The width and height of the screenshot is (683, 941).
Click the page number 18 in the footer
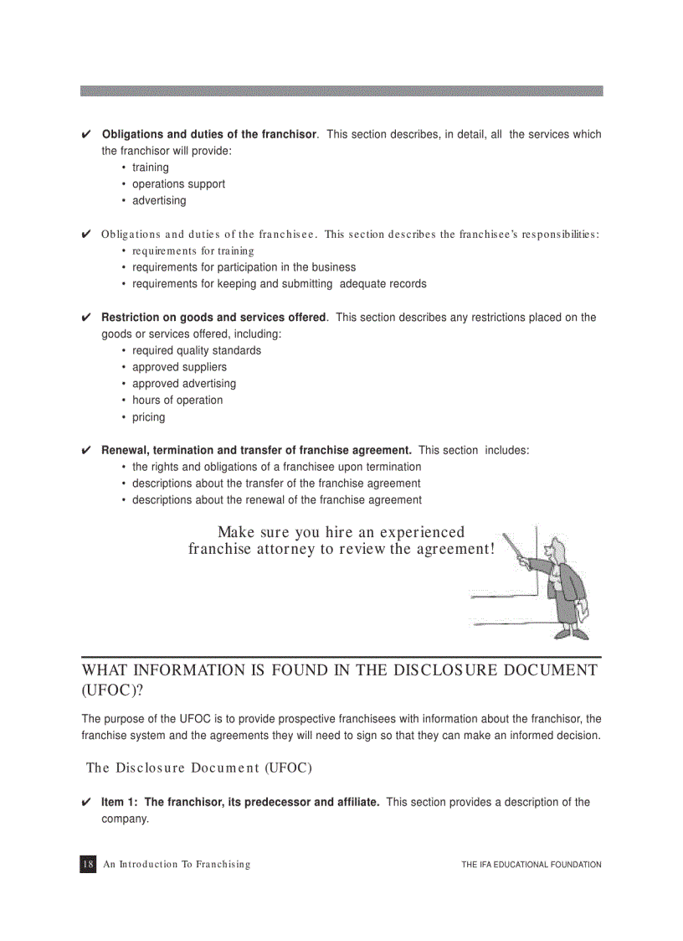click(x=88, y=864)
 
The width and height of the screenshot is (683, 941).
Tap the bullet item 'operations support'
click(x=178, y=184)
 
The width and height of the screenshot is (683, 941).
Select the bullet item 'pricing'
click(x=148, y=417)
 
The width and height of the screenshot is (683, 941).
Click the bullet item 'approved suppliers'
click(x=179, y=367)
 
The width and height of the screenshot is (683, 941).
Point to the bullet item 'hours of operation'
click(x=177, y=401)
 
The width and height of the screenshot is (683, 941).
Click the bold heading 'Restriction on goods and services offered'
click(x=213, y=318)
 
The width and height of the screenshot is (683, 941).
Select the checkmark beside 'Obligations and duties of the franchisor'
click(x=86, y=135)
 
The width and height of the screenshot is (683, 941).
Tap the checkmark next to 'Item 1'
click(x=86, y=803)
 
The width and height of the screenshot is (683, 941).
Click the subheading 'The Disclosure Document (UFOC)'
click(x=199, y=768)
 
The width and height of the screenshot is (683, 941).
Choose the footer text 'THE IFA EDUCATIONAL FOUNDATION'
click(x=531, y=865)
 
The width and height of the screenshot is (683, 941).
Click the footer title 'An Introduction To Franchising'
click(x=177, y=865)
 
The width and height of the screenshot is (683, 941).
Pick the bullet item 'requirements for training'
click(x=193, y=251)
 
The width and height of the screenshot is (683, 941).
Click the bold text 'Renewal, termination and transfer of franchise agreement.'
click(x=256, y=451)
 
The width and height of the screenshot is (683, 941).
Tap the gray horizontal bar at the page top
click(x=341, y=90)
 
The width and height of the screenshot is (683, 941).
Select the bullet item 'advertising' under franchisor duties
click(x=159, y=201)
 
